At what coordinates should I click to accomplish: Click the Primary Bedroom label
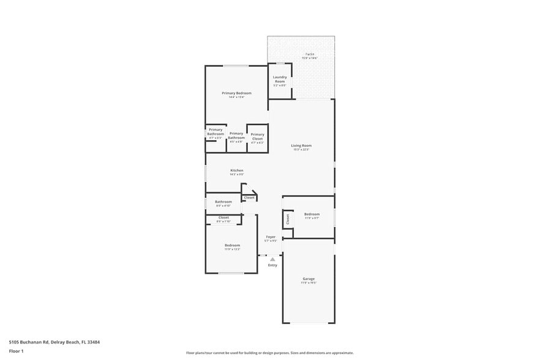pos(236,93)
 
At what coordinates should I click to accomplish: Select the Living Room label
pos(301,145)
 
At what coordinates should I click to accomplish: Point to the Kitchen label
pos(236,170)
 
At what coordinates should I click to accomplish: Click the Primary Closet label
pos(257,137)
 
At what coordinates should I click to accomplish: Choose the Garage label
pos(308,279)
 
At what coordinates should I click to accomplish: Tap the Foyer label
pos(271,236)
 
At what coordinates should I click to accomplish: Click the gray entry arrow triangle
pos(272,259)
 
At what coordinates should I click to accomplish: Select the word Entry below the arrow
pos(272,265)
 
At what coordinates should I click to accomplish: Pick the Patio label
pos(301,54)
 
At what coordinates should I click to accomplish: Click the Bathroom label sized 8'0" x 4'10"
pos(223,201)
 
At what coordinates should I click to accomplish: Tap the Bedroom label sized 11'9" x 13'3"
pos(231,245)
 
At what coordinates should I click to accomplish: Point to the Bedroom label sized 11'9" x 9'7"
pos(312,214)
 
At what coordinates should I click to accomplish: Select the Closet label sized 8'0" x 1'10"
pos(223,217)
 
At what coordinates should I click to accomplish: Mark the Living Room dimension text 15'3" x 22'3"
pos(301,149)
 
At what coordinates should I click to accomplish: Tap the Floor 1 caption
pos(16,351)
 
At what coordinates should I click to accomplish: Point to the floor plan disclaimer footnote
pos(269,353)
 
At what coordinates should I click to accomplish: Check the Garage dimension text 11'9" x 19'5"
pos(308,283)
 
